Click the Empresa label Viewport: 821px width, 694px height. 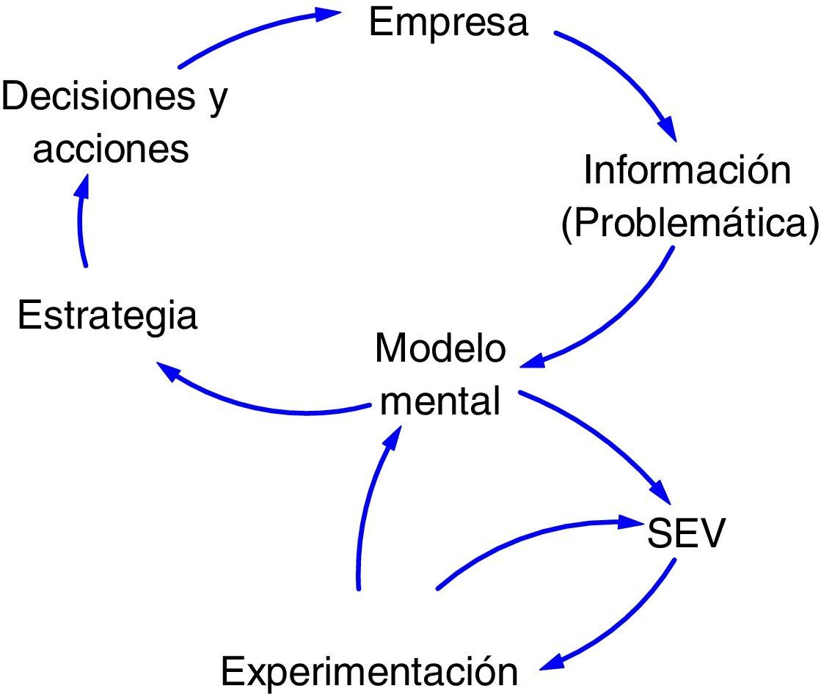coord(448,22)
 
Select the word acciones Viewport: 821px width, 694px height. coord(112,149)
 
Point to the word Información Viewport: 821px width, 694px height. coord(687,171)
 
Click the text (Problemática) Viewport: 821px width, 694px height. coord(689,223)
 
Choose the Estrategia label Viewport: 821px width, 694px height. coord(108,317)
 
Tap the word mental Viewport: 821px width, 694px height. coord(440,401)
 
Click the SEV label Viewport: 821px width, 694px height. coord(685,536)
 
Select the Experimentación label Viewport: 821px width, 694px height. coord(370,670)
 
